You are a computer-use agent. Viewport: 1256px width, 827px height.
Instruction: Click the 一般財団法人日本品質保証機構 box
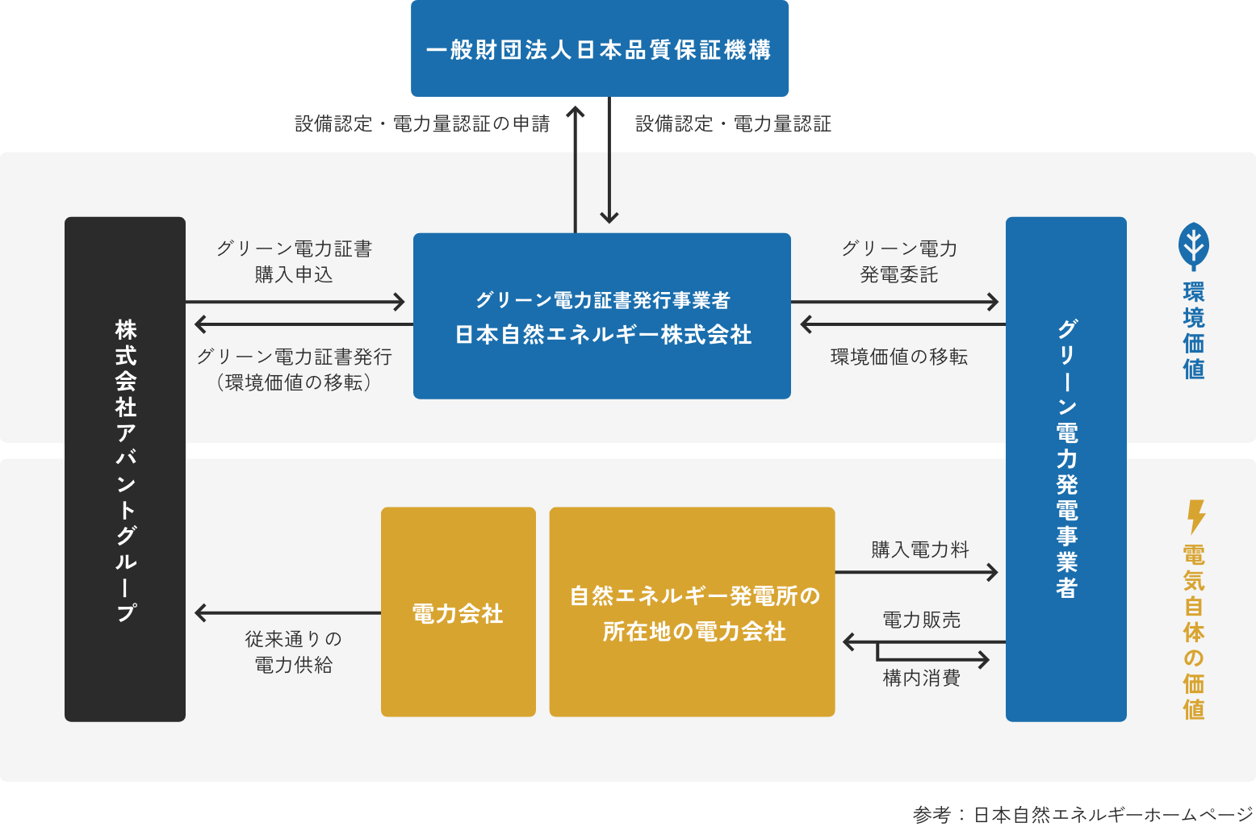[599, 48]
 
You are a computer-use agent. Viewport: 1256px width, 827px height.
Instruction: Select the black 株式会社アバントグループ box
[125, 469]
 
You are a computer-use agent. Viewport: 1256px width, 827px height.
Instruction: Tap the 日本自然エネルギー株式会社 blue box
[601, 315]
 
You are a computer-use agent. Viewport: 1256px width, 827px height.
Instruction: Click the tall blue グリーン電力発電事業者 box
[1066, 469]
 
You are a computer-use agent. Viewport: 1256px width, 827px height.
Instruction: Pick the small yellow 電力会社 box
[458, 612]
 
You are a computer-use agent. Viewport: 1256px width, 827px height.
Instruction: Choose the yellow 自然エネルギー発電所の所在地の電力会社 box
[692, 612]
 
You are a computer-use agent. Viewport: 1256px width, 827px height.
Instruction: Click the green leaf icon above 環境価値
[1193, 246]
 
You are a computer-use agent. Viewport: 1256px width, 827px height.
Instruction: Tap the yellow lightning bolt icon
[1195, 516]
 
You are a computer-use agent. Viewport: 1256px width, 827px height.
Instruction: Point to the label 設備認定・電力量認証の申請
[421, 123]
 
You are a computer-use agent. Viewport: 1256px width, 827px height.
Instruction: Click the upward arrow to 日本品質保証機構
[576, 169]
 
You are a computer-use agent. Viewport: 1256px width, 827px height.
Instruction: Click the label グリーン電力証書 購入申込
[294, 261]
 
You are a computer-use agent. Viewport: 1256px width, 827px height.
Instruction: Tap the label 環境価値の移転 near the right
[898, 357]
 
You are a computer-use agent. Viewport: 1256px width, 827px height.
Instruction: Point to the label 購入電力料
[920, 549]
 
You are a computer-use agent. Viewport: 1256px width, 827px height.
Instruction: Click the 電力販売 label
[921, 620]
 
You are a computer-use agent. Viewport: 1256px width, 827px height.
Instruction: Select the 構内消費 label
[921, 678]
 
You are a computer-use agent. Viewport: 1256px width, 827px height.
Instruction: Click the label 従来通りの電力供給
[294, 652]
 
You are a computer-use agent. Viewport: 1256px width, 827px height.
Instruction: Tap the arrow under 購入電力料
[916, 572]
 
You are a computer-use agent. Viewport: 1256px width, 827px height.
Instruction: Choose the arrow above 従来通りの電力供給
[287, 613]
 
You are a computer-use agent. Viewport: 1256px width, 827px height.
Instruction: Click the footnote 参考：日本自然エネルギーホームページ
[1082, 814]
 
